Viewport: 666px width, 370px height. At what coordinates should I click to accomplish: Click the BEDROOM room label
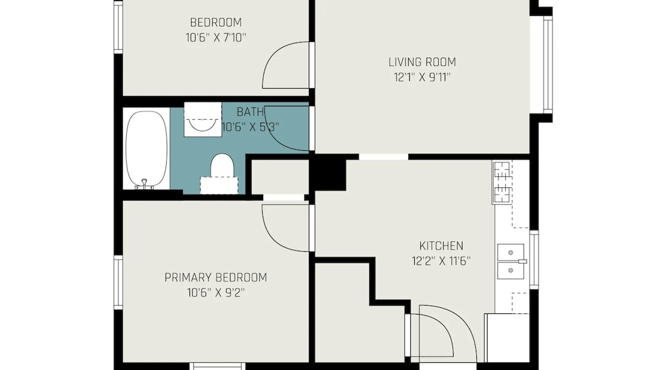click(x=216, y=23)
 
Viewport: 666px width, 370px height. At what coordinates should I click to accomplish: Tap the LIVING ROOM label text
click(x=422, y=62)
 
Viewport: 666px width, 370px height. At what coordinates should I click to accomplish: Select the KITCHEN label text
click(x=441, y=246)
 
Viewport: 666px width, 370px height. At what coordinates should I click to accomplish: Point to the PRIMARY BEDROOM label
click(x=216, y=277)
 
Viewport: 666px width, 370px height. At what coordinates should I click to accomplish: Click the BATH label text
click(x=250, y=111)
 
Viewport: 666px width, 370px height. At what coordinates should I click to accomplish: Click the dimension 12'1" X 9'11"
click(x=422, y=77)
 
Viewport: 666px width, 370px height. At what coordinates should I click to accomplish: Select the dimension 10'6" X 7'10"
click(x=216, y=38)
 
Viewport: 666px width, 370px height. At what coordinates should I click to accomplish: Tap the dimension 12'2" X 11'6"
click(x=441, y=261)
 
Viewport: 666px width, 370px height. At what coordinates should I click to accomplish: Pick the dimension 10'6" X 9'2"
click(x=216, y=293)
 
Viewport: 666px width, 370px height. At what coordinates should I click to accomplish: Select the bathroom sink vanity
click(x=203, y=120)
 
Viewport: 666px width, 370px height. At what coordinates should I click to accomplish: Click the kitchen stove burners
click(x=502, y=182)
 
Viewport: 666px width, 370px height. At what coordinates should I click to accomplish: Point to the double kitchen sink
click(x=511, y=261)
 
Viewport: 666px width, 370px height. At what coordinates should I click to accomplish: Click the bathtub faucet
click(x=145, y=184)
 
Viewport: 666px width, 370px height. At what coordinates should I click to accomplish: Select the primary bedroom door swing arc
click(x=285, y=228)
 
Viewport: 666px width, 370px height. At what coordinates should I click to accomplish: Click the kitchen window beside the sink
click(x=534, y=259)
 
